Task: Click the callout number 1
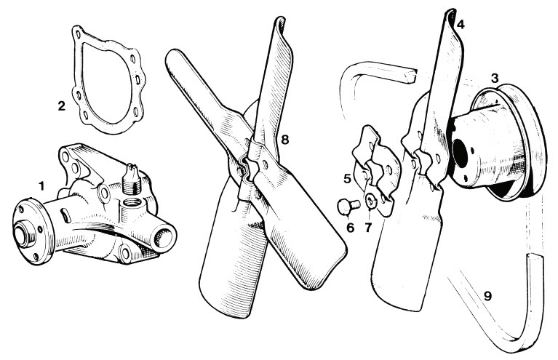click(42, 185)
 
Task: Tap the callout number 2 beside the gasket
click(62, 105)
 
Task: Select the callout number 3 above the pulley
click(495, 79)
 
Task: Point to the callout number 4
click(461, 25)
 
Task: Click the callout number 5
click(347, 178)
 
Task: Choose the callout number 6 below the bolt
click(350, 228)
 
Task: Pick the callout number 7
click(368, 228)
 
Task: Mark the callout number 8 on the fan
click(284, 140)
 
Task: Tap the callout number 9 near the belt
click(487, 295)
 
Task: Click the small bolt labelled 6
click(348, 207)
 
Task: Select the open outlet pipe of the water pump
click(164, 236)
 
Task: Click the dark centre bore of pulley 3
click(461, 153)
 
